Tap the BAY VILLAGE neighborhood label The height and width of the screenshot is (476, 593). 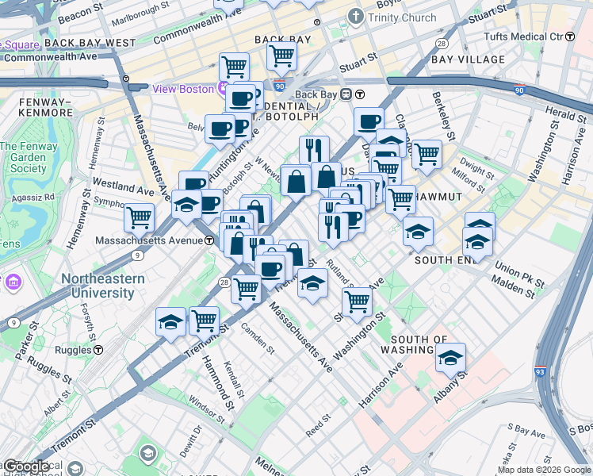coord(469,59)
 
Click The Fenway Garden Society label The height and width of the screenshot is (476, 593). coord(24,157)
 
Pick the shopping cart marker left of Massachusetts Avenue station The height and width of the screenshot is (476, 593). coord(140,216)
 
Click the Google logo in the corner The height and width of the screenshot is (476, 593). coord(25,466)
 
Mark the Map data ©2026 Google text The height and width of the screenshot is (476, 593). coord(544,470)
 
